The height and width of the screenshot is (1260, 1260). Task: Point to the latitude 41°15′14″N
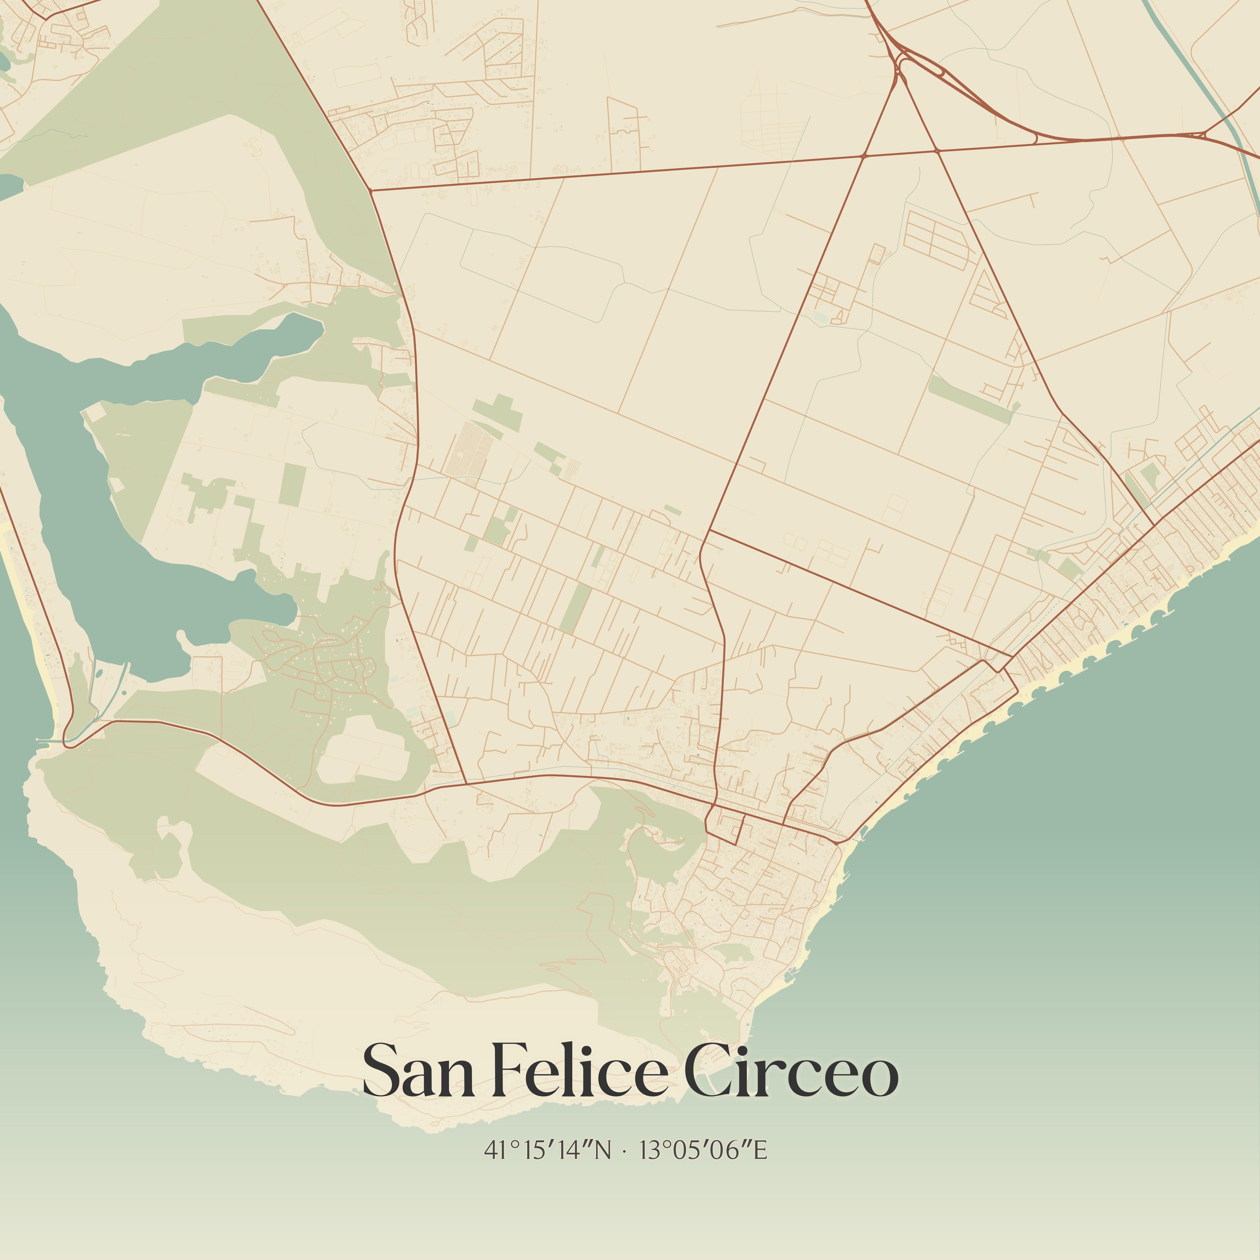(548, 1150)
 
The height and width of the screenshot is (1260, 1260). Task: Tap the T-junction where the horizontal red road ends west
(370, 190)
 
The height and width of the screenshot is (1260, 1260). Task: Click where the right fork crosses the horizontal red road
(936, 151)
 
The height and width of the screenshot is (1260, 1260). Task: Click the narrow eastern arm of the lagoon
(274, 339)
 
